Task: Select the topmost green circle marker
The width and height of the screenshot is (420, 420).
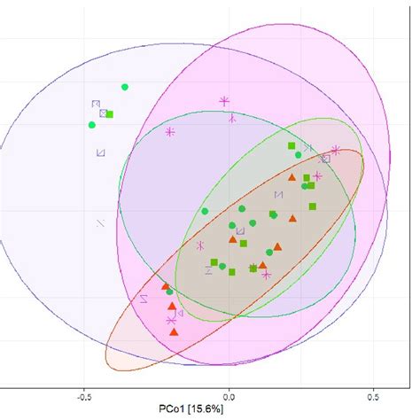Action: coord(125,87)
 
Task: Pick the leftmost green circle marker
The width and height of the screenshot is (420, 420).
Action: coord(92,125)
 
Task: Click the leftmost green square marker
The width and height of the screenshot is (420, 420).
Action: coord(109,114)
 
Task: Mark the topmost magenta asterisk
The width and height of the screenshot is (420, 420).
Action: coord(224,101)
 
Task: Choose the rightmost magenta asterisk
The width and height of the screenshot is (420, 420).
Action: coord(336,151)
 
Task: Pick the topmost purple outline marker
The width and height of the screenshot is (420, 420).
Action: coord(95,105)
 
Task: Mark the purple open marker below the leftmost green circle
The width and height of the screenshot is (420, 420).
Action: coord(100,152)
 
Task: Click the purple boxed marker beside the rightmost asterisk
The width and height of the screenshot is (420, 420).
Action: coord(326,159)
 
